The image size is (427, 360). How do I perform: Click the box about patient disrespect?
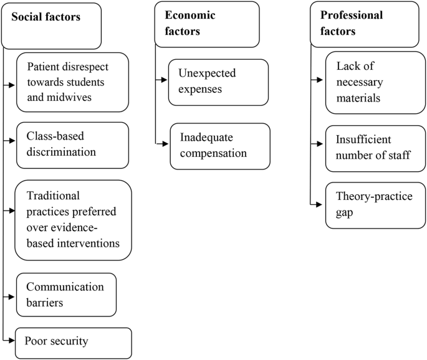click(x=72, y=82)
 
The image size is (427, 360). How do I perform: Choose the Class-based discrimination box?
click(x=72, y=145)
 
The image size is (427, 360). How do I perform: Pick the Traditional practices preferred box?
click(x=74, y=220)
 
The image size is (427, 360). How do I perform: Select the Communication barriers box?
click(x=67, y=294)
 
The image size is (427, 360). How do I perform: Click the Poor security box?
click(x=74, y=342)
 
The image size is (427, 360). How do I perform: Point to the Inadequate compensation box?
click(x=220, y=146)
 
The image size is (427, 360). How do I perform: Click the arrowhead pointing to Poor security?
click(x=12, y=340)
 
